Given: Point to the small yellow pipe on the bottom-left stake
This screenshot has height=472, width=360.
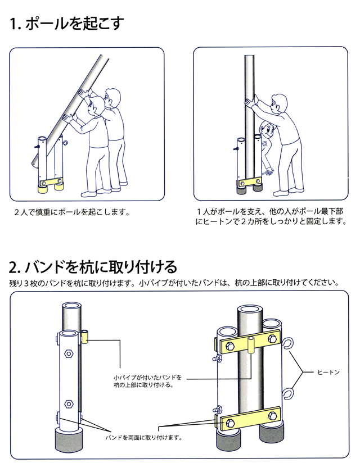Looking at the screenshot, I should pos(85,337).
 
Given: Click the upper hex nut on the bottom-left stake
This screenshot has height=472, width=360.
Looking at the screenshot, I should pos(69,355).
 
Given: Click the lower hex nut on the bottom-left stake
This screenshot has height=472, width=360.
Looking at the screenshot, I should pos(69,403).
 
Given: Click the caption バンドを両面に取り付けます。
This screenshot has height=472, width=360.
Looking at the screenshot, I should pos(143,437).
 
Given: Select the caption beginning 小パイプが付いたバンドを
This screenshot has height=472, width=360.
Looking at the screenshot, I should pos(147,381).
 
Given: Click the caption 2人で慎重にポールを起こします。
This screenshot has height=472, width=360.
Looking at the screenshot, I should pos(72,214).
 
